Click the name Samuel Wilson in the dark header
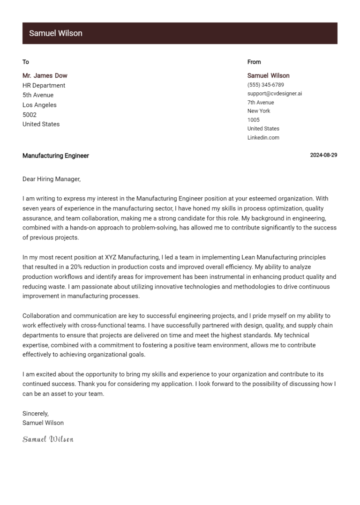(55, 33)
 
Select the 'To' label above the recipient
(26, 62)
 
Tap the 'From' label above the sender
(254, 62)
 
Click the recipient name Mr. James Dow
(45, 75)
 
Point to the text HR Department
(44, 85)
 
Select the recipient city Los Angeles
(39, 105)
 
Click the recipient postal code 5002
(30, 115)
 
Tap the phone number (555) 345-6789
(266, 85)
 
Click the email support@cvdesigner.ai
(275, 94)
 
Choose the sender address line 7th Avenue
(261, 103)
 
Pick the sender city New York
(259, 111)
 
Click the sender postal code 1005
(254, 120)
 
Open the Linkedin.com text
(263, 138)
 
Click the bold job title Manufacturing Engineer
(56, 156)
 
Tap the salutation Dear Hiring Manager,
(52, 179)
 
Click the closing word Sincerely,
(36, 414)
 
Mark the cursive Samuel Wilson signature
(48, 439)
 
